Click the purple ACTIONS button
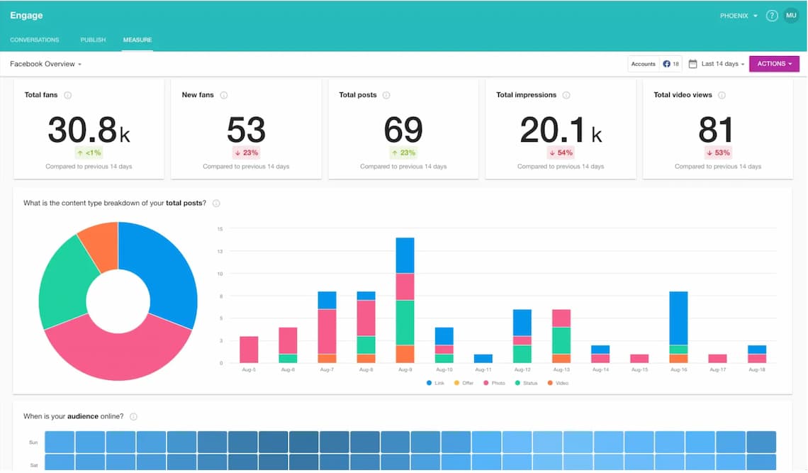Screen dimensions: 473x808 point(774,64)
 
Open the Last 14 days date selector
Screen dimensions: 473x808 point(717,64)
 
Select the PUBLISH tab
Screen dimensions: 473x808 point(93,40)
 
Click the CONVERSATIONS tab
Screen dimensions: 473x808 point(35,40)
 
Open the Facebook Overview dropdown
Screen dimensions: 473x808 point(45,64)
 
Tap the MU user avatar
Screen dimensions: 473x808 point(791,16)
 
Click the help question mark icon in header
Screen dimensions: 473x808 point(772,16)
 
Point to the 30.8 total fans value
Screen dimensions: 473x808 point(82,130)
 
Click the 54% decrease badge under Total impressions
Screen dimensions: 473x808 point(561,152)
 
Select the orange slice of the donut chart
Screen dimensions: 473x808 point(99,245)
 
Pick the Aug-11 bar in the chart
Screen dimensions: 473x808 point(483,359)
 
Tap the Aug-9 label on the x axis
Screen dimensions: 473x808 point(405,370)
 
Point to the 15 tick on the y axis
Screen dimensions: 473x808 point(220,228)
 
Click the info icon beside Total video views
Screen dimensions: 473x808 point(722,95)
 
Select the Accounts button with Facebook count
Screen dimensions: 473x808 point(654,64)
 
